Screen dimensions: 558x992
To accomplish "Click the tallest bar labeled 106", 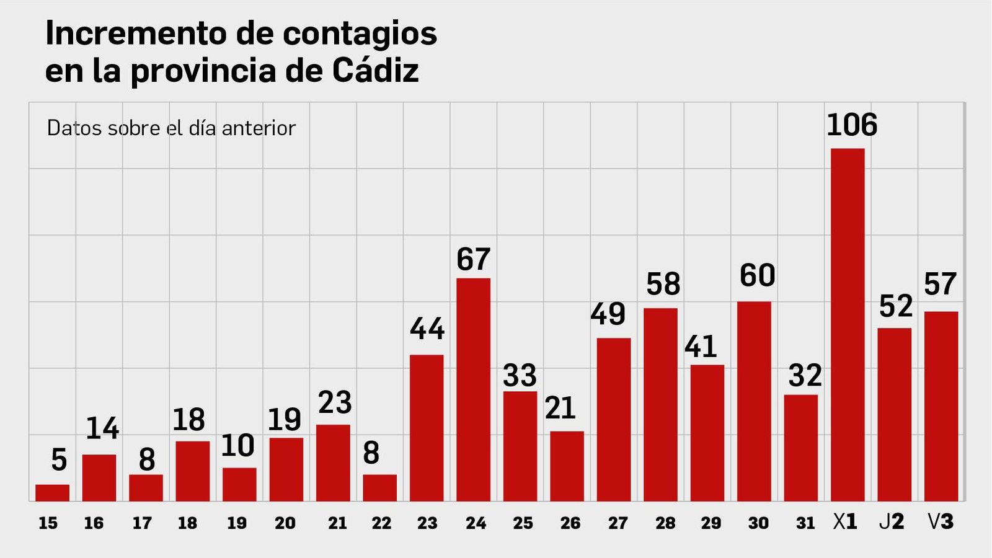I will tap(848, 325).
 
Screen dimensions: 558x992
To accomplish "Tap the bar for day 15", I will tap(52, 493).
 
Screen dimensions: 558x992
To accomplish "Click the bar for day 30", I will tap(754, 401).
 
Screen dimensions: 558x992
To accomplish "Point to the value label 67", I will tap(473, 259).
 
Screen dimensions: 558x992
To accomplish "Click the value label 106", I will tap(852, 125).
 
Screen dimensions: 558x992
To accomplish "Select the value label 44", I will tap(427, 329).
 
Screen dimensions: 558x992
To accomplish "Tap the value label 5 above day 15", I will tap(59, 460).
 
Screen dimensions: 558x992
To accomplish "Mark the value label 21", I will tap(560, 408).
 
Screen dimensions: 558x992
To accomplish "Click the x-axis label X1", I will tap(845, 522).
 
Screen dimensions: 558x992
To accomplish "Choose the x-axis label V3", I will tap(941, 522).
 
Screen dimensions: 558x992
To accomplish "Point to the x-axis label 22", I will tap(381, 523).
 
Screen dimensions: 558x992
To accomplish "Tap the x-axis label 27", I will tap(618, 523).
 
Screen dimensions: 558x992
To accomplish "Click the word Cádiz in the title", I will tap(375, 70).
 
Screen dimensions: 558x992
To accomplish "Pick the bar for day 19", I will tap(239, 484).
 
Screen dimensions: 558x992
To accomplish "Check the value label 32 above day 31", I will tap(804, 376).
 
